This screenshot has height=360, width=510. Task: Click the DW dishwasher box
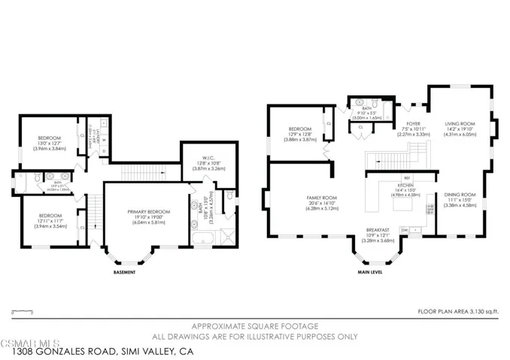coord(405,229)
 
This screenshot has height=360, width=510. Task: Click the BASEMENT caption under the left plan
coord(124,271)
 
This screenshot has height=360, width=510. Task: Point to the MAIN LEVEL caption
coord(370,271)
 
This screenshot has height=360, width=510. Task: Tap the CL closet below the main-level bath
coord(362,127)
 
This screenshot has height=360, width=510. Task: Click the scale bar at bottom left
coord(23,310)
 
